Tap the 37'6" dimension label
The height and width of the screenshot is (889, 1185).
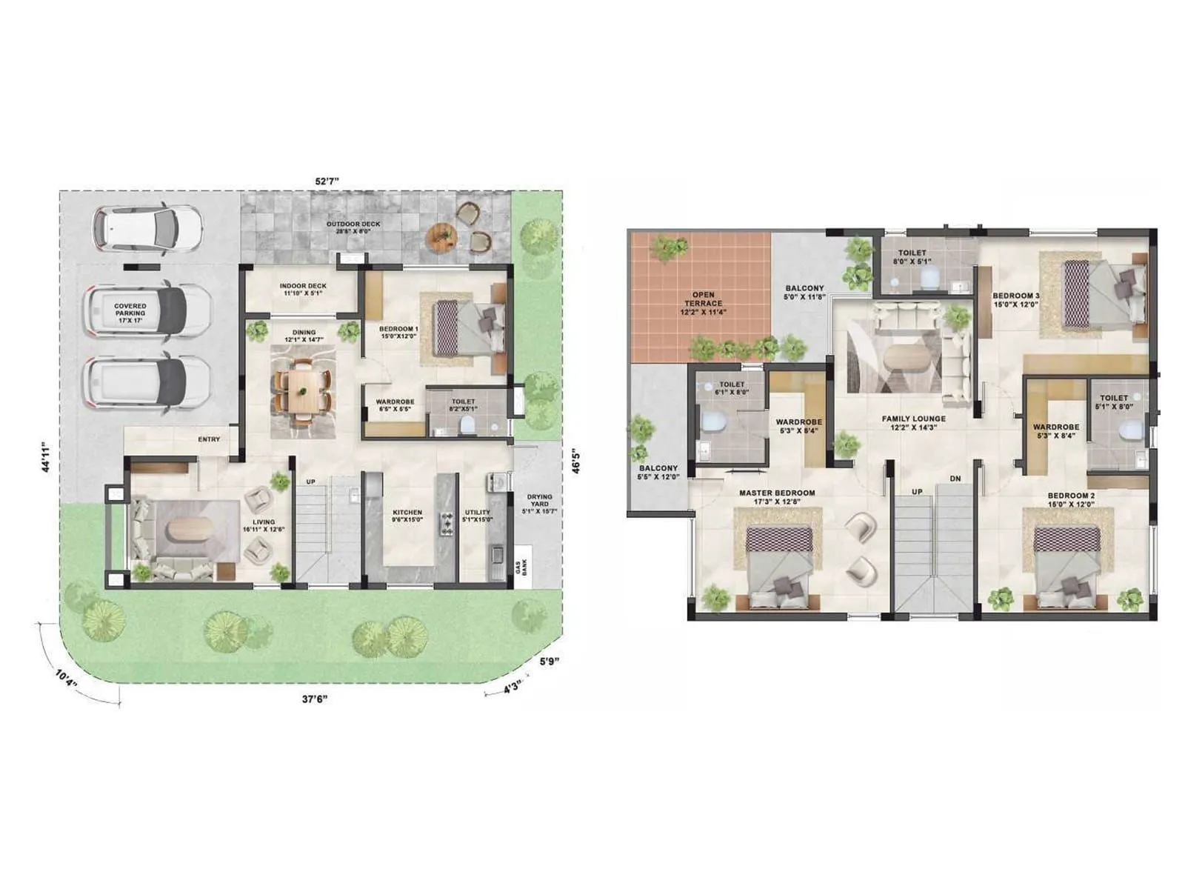click(314, 699)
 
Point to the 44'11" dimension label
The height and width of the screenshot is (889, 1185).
click(47, 456)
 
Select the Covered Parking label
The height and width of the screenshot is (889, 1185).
click(130, 310)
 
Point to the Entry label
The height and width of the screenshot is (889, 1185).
click(209, 439)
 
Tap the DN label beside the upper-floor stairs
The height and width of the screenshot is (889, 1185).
click(955, 479)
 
